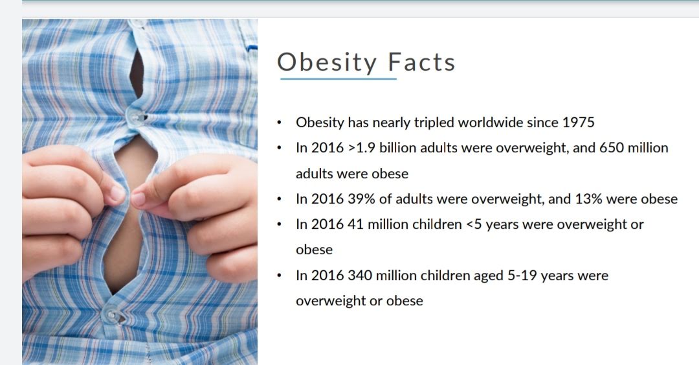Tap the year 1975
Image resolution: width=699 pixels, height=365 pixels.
[x=578, y=123]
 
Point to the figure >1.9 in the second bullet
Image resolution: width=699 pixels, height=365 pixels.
[x=362, y=148]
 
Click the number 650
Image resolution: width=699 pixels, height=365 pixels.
[x=612, y=148]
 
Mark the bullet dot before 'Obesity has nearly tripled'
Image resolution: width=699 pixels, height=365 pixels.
[x=279, y=123]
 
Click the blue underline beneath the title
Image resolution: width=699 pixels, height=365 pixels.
[x=338, y=78]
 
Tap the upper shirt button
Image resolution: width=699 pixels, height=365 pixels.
[x=135, y=117]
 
